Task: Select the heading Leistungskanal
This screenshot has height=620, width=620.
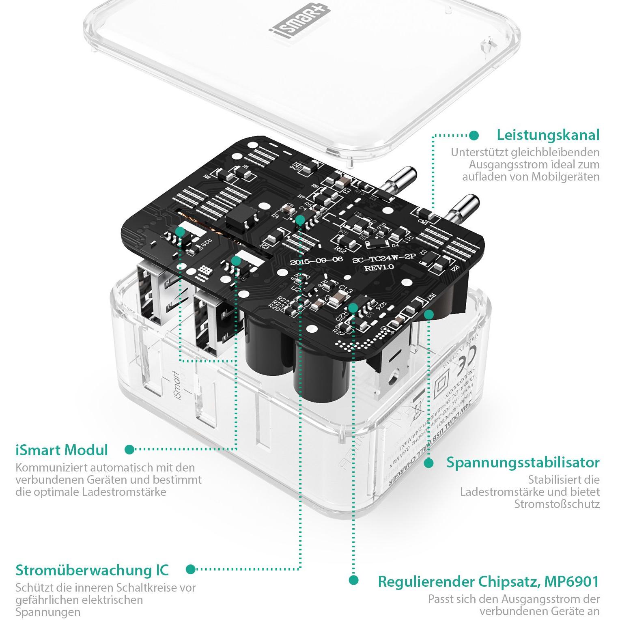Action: click(548, 135)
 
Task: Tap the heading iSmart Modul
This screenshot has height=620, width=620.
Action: click(62, 450)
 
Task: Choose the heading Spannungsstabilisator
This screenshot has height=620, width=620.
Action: click(523, 463)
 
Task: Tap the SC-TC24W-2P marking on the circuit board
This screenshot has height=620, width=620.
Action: click(379, 260)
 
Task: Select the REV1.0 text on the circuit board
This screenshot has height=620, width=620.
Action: click(379, 268)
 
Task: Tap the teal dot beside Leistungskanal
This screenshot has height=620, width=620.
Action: click(474, 135)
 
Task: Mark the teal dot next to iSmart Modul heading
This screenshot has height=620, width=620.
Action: click(129, 449)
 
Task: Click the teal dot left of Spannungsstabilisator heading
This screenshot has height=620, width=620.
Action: click(428, 463)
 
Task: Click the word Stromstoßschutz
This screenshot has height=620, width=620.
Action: click(557, 504)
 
